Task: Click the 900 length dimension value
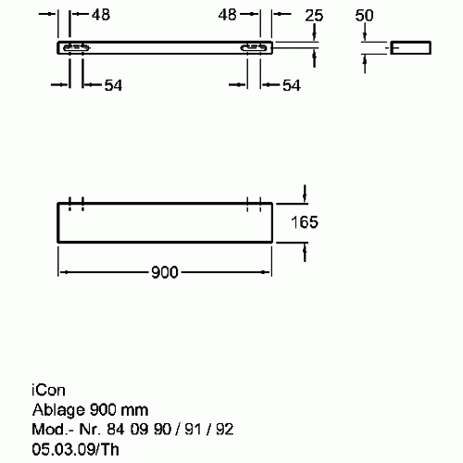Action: [165, 272]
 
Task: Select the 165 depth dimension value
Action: [305, 222]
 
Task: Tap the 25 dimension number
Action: [314, 16]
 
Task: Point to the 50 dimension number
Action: [364, 15]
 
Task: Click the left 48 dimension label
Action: [101, 15]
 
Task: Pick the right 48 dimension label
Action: [227, 15]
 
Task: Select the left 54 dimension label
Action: [113, 85]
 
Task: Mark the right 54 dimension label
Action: [292, 85]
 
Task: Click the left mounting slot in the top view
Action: [76, 48]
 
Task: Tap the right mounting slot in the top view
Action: [254, 48]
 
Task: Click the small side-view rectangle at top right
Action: [410, 47]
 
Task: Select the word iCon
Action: [48, 391]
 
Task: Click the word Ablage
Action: [58, 410]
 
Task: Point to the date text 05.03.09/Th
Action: [75, 449]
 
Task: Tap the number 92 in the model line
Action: [224, 430]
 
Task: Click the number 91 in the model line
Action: [193, 430]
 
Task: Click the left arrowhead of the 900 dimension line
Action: [62, 272]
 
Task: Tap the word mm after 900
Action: [134, 411]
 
